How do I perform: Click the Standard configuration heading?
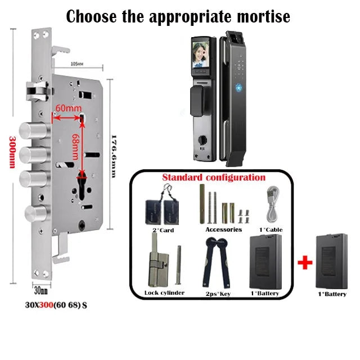[x=214, y=177]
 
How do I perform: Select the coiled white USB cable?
[x=273, y=205]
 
